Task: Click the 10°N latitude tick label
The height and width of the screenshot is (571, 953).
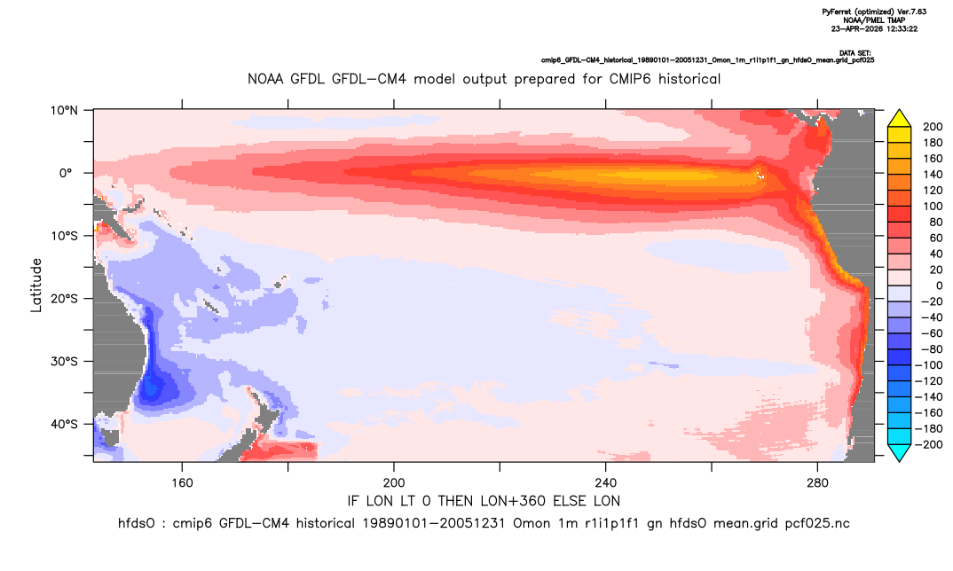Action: click(64, 111)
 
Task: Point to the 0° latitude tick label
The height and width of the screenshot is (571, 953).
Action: click(66, 173)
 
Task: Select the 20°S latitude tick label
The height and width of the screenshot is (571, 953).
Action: click(64, 299)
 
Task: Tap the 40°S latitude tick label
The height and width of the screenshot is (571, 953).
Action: click(64, 424)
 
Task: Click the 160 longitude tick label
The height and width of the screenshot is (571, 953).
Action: click(182, 483)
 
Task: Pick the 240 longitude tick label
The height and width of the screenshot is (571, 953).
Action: click(606, 483)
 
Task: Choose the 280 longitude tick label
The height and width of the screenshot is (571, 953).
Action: click(817, 483)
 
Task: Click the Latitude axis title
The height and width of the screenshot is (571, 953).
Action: click(36, 285)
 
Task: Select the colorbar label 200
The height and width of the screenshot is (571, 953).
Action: click(933, 127)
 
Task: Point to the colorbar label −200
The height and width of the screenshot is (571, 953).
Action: click(929, 444)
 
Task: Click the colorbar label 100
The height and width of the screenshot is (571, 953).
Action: click(933, 207)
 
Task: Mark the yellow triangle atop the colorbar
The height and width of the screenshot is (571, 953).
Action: click(899, 119)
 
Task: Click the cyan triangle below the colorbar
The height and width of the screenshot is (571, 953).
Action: click(899, 452)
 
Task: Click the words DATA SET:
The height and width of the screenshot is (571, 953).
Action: click(855, 53)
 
